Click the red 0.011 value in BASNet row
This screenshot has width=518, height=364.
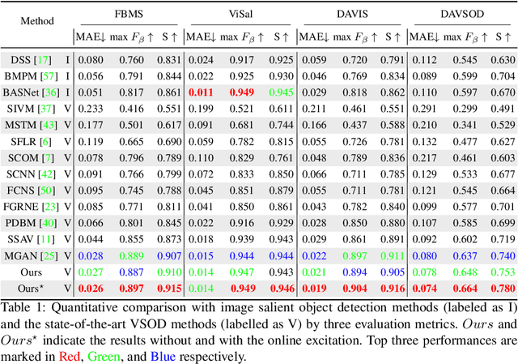(x=202, y=92)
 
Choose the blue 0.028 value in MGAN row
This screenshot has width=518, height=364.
(x=91, y=255)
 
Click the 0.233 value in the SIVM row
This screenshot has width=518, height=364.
(x=91, y=109)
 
